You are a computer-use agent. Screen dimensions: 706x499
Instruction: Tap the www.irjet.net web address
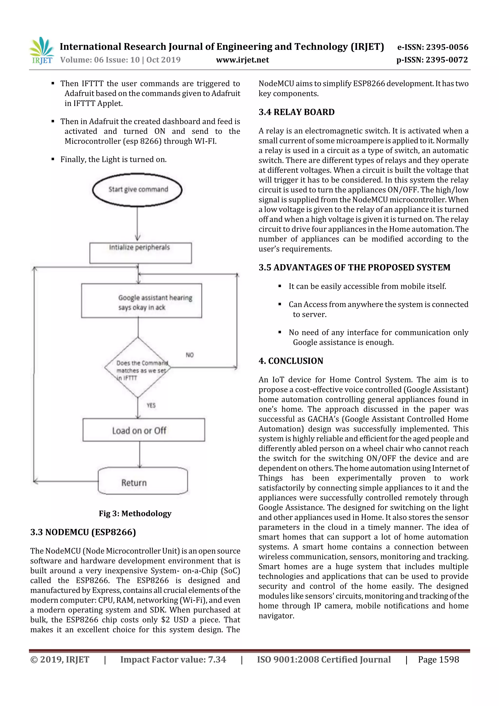click(x=242, y=60)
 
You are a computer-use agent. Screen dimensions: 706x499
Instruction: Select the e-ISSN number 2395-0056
click(x=432, y=47)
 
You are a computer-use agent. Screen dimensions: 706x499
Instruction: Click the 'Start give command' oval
click(x=137, y=189)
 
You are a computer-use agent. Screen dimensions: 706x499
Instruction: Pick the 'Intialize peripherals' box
click(x=141, y=253)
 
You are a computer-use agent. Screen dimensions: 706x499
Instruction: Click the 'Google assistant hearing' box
click(x=141, y=300)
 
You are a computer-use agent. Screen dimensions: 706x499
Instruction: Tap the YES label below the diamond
click(x=151, y=405)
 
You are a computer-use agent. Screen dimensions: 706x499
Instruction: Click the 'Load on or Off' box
click(x=144, y=430)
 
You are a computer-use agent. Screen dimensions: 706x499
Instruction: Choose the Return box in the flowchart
click(x=143, y=481)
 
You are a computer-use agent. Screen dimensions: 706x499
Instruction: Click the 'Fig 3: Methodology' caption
click(x=135, y=513)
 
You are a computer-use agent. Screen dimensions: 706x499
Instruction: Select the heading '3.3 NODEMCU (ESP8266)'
click(x=83, y=532)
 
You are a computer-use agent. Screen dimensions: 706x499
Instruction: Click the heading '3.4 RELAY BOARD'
click(x=296, y=112)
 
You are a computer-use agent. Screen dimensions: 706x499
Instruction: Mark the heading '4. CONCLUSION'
click(x=291, y=361)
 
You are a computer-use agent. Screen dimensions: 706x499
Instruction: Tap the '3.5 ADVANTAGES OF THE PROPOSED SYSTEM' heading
click(x=354, y=267)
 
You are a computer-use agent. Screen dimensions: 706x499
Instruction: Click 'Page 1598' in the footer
click(x=438, y=659)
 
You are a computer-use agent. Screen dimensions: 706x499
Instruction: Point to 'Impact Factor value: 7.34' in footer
click(x=173, y=659)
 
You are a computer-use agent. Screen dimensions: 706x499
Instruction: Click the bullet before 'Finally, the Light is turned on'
click(x=53, y=159)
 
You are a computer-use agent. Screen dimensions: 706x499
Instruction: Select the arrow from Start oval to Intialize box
click(x=137, y=223)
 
